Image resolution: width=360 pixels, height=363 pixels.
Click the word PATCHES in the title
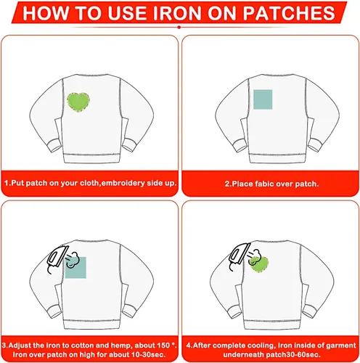pyautogui.click(x=289, y=12)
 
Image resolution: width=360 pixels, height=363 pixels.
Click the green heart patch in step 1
pyautogui.click(x=78, y=102)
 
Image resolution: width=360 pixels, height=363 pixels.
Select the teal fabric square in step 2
pyautogui.click(x=263, y=99)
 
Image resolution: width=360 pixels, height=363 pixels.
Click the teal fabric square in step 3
pyautogui.click(x=75, y=267)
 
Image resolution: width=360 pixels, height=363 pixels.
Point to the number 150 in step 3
pyautogui.click(x=163, y=345)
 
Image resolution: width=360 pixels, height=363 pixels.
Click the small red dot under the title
pyautogui.click(x=179, y=28)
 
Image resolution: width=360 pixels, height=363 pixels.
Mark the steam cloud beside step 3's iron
pyautogui.click(x=72, y=260)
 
